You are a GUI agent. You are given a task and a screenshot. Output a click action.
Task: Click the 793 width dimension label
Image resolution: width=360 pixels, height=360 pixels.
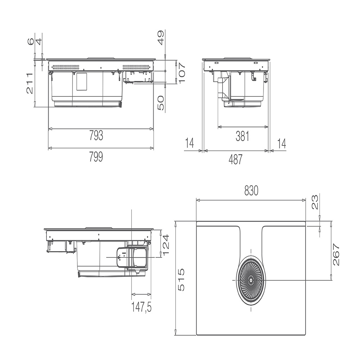click(96, 135)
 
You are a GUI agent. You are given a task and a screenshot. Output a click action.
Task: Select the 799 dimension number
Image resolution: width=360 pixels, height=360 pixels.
click(96, 157)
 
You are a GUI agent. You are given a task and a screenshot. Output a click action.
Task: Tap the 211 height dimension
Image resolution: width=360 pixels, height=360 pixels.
click(30, 84)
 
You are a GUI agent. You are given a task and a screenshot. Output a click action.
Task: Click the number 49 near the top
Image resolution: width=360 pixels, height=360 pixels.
click(161, 38)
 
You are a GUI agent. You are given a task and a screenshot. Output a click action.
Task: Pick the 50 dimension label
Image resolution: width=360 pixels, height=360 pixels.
click(161, 103)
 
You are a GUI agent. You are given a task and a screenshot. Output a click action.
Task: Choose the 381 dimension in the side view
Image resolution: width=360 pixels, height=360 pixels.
click(242, 136)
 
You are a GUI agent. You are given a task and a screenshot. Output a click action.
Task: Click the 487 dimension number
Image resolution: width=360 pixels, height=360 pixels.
click(235, 159)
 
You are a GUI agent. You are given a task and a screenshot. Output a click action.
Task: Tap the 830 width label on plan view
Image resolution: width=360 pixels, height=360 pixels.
click(251, 190)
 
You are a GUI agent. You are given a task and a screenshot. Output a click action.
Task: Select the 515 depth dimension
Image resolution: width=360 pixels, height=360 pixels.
click(181, 280)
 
